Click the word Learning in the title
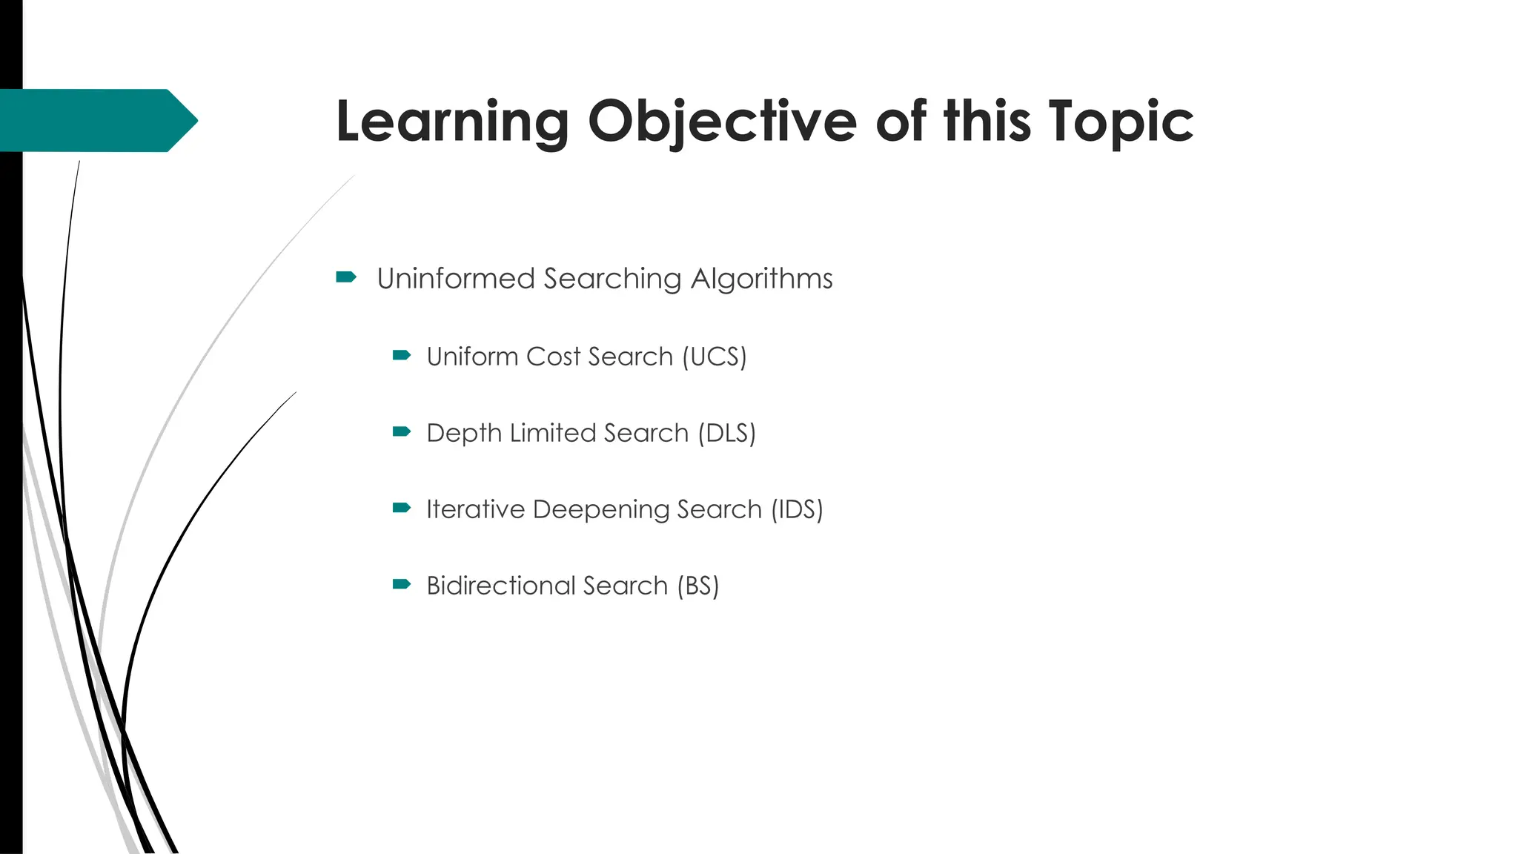pyautogui.click(x=452, y=122)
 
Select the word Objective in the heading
pyautogui.click(x=722, y=122)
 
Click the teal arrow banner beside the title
pyautogui.click(x=96, y=120)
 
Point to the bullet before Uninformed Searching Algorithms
pyautogui.click(x=346, y=277)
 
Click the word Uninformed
pyautogui.click(x=455, y=279)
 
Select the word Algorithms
pyautogui.click(x=761, y=279)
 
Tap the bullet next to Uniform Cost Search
pyautogui.click(x=402, y=355)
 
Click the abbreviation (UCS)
pyautogui.click(x=714, y=357)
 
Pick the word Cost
pyautogui.click(x=553, y=357)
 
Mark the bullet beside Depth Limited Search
pyautogui.click(x=402, y=431)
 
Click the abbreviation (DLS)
pyautogui.click(x=726, y=433)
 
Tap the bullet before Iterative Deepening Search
pyautogui.click(x=402, y=508)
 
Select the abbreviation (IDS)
pyautogui.click(x=797, y=509)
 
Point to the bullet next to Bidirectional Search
pyautogui.click(x=402, y=584)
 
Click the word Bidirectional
pyautogui.click(x=500, y=586)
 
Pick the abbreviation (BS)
pyautogui.click(x=697, y=586)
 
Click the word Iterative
pyautogui.click(x=476, y=509)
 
